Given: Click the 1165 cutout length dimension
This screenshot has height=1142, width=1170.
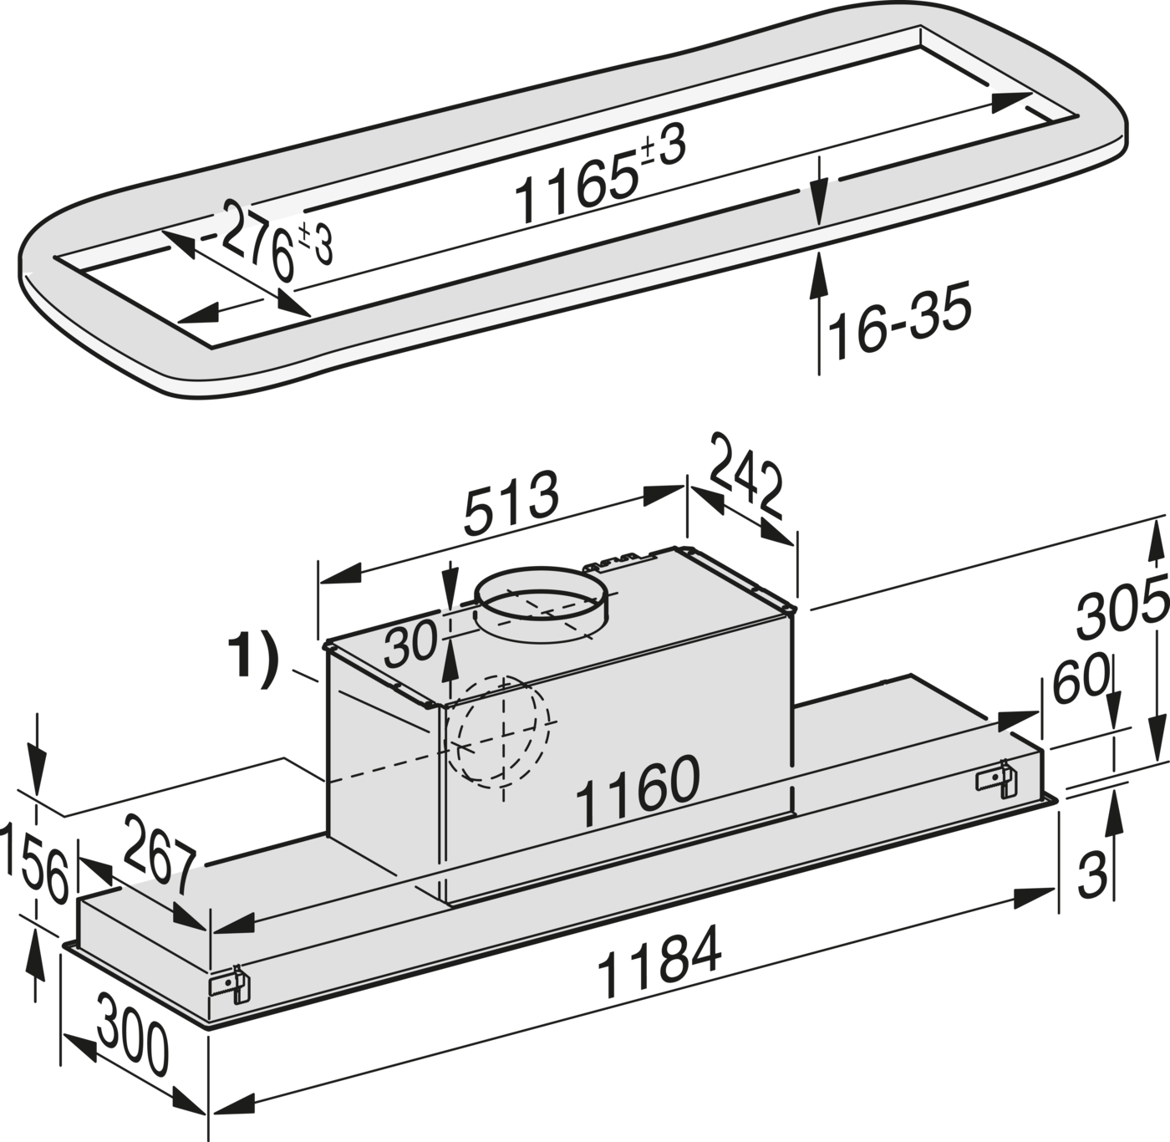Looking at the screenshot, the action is [601, 176].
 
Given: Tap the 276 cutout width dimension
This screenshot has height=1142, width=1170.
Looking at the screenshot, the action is [277, 241].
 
